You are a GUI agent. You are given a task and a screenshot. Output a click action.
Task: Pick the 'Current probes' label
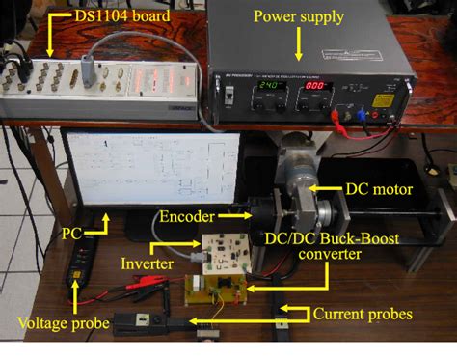[x=363, y=314]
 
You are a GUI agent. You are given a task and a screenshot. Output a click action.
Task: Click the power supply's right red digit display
[x=315, y=86]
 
